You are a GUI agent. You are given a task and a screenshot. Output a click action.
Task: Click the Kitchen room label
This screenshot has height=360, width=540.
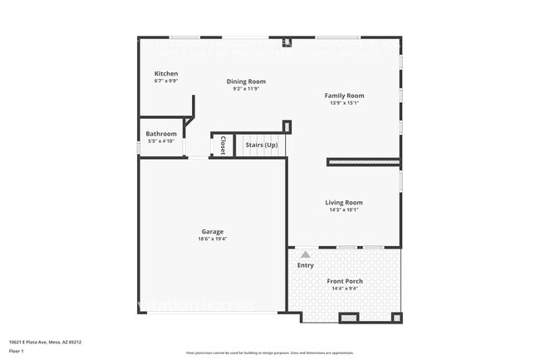[x=166, y=74]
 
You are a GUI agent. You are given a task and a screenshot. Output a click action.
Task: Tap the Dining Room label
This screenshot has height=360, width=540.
[x=246, y=81]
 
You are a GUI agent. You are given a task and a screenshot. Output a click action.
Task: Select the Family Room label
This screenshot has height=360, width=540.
[x=344, y=96]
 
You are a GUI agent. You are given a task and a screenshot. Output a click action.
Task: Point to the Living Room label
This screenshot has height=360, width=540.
[x=343, y=202]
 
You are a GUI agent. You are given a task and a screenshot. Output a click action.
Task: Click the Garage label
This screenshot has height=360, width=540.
[x=213, y=231]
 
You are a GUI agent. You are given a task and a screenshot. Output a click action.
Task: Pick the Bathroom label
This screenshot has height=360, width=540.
[x=161, y=134]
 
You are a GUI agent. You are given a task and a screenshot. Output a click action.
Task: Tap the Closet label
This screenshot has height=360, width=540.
[x=223, y=145]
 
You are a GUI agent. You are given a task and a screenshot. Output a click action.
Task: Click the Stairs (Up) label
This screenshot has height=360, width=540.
[x=262, y=145]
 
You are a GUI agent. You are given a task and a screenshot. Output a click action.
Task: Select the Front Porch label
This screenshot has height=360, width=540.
[x=345, y=281]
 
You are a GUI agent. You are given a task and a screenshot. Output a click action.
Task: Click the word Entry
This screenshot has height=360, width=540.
[x=306, y=265]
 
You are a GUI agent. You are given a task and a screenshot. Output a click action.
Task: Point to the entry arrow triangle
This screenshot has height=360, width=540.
[x=305, y=254]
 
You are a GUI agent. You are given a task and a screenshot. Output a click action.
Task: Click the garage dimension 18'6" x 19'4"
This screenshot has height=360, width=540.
[x=213, y=239]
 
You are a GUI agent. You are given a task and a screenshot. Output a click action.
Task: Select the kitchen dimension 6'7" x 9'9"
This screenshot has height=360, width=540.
[x=166, y=81]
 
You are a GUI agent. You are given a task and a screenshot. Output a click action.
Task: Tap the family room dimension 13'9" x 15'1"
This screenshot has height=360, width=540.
[x=344, y=104]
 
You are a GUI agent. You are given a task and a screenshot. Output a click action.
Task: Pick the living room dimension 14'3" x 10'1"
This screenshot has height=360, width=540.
[x=343, y=210]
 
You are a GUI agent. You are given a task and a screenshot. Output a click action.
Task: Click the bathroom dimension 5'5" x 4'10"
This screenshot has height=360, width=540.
[x=161, y=141]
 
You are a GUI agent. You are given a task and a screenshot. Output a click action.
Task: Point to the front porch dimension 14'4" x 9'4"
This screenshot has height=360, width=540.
[x=345, y=288]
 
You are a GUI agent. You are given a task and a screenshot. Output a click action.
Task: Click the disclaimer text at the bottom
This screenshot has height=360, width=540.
[x=269, y=353]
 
